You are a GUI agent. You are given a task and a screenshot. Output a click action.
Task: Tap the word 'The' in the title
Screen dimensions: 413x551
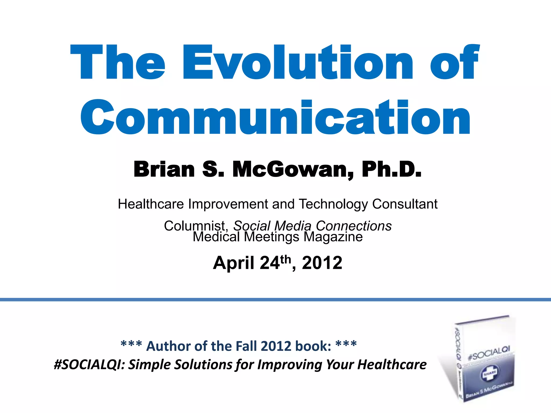tap(118, 62)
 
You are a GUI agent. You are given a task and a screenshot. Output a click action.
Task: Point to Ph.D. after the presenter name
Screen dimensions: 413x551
tap(391, 169)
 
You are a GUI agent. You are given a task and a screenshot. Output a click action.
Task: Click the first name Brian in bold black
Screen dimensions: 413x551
tap(164, 169)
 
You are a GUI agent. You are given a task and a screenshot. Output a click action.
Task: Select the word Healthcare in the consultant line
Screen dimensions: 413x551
tap(151, 204)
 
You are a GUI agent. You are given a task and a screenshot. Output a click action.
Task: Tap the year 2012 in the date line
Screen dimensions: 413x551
tap(322, 263)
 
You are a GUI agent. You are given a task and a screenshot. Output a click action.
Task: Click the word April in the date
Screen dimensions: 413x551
tap(234, 263)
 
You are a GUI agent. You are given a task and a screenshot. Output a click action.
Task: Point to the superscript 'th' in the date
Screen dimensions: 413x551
tap(285, 259)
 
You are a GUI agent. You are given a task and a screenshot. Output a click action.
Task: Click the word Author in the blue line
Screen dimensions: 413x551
tap(168, 346)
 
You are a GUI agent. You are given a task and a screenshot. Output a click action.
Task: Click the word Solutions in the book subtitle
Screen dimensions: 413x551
tap(204, 365)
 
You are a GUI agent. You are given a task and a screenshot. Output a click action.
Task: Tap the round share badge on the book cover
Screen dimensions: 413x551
tap(489, 373)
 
